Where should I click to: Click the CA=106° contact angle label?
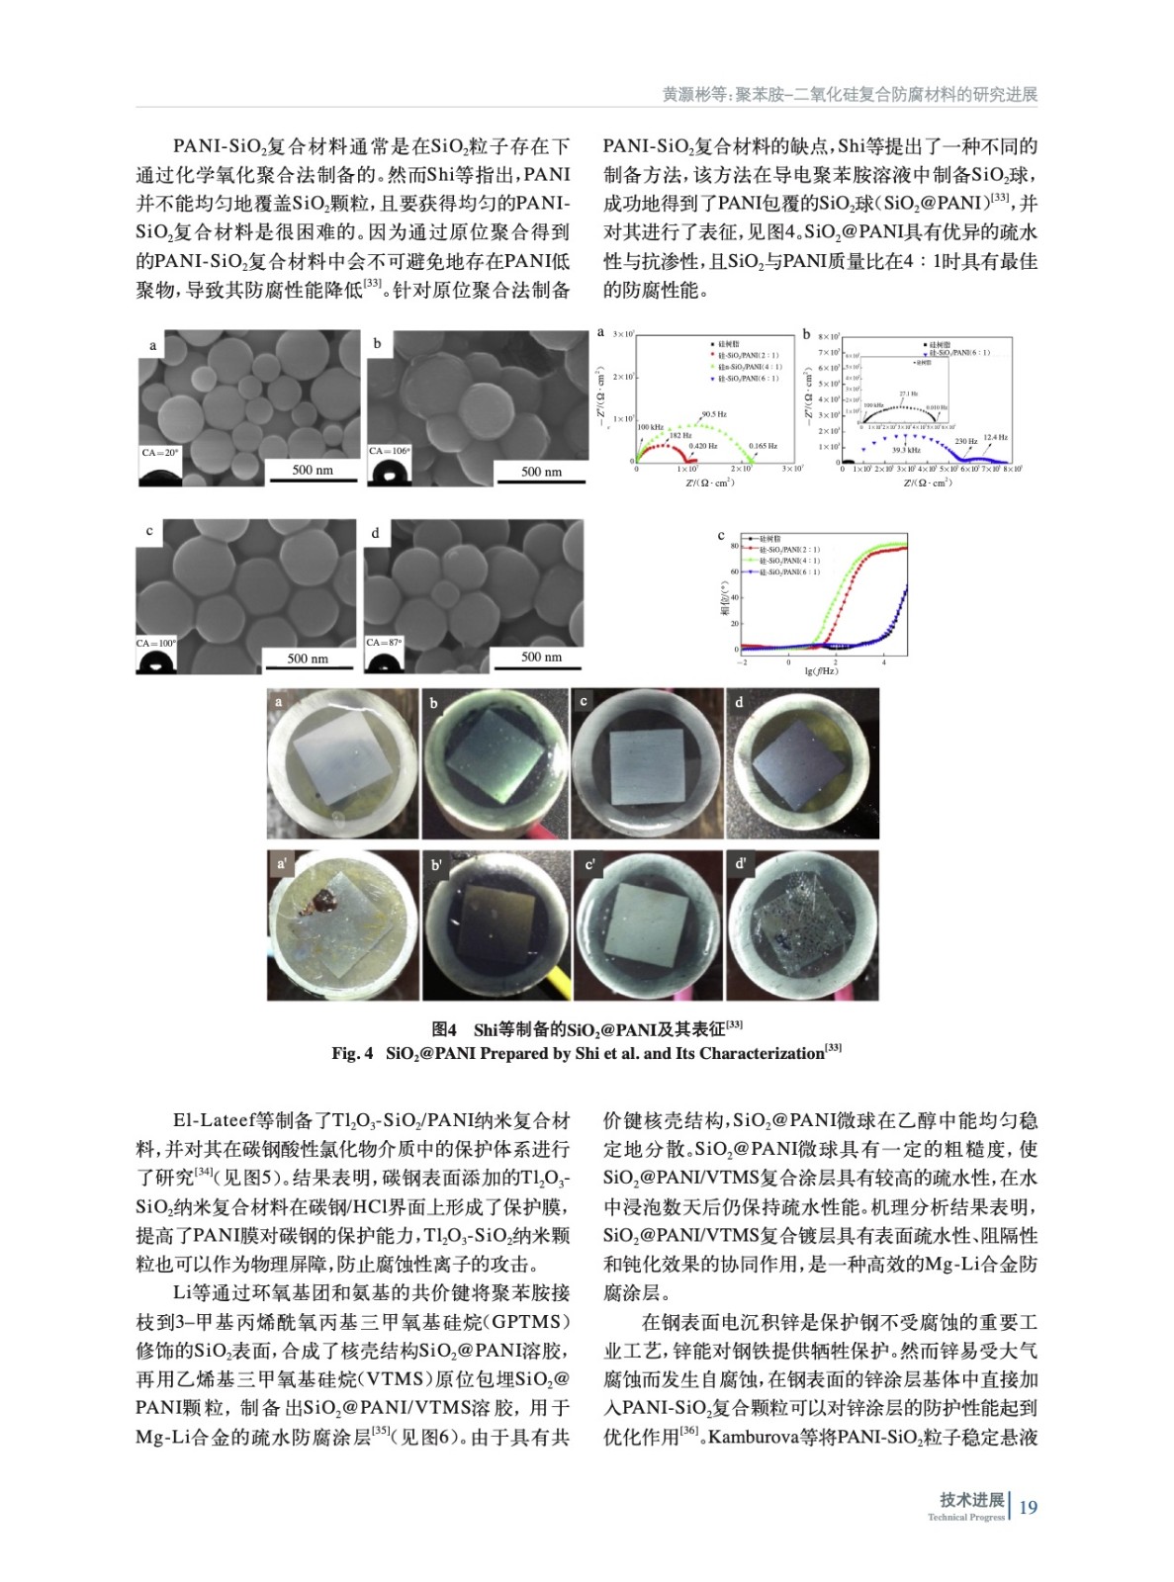[389, 451]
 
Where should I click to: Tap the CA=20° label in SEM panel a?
[159, 453]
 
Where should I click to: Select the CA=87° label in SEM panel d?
[384, 643]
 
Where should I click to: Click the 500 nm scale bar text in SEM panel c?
[308, 659]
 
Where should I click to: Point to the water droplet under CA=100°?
[155, 662]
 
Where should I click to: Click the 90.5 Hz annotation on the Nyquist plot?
[714, 414]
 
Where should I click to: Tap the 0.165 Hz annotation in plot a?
[763, 446]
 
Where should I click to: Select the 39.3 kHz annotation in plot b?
[905, 450]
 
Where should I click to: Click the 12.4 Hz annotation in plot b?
[995, 436]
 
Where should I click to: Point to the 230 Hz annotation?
[966, 442]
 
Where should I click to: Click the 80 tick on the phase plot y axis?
[734, 546]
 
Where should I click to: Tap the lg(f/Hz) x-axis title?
[821, 671]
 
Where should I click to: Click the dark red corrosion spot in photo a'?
[322, 899]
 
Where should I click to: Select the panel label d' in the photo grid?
[741, 864]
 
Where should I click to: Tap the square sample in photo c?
[646, 769]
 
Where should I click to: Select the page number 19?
[1028, 1507]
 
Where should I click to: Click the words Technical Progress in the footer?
[965, 1518]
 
